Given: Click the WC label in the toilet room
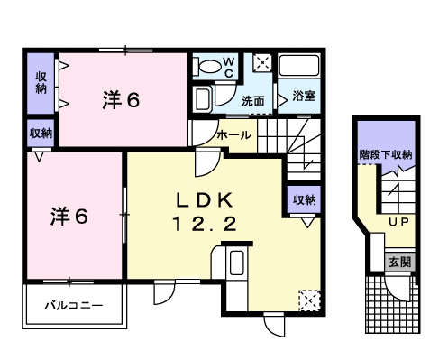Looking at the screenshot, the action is point(229,68).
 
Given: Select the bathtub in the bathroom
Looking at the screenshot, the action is point(298,66).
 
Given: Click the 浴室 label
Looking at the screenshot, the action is point(304,96).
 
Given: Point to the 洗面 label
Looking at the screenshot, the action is point(253,101).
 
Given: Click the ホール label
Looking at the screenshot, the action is point(233,135).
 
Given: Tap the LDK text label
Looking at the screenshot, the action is point(205,201).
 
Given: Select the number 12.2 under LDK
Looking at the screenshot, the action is point(205,224).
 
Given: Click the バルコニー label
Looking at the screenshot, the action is point(74,306).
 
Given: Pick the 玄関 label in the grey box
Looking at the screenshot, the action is point(399,263).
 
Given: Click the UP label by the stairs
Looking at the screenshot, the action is point(398,222).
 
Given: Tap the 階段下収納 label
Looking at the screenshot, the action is point(386,155).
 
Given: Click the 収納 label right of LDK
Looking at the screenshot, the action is point(305,199).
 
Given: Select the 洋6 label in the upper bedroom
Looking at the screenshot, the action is point(121,100).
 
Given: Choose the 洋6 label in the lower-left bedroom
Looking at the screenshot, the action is point(69,217).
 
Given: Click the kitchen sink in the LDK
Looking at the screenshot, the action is point(236,263).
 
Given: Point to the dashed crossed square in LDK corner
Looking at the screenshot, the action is point(309,300).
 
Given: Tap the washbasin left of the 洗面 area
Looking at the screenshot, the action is point(203,97).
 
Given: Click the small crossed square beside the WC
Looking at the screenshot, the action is point(262,63).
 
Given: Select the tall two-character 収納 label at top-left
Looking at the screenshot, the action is point(41,83).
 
